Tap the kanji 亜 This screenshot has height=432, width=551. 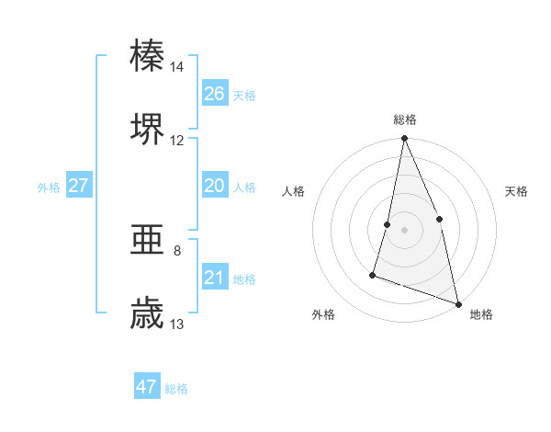(147, 240)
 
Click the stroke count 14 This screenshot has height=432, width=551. (177, 67)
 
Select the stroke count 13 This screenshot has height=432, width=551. (177, 324)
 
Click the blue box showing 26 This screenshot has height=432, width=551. (215, 94)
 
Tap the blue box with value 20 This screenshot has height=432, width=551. (215, 186)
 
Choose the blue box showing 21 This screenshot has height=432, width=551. (215, 278)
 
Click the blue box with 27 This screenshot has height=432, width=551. (79, 186)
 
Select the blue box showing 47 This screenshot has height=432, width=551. (147, 387)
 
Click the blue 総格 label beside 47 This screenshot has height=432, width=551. (177, 389)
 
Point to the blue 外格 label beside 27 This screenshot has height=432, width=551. (49, 188)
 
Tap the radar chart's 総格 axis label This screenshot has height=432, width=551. (405, 119)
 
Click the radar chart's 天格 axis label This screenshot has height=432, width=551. (517, 191)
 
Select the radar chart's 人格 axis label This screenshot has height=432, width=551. (293, 191)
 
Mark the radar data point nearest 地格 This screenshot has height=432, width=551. (457, 303)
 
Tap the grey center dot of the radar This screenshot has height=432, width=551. (405, 230)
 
